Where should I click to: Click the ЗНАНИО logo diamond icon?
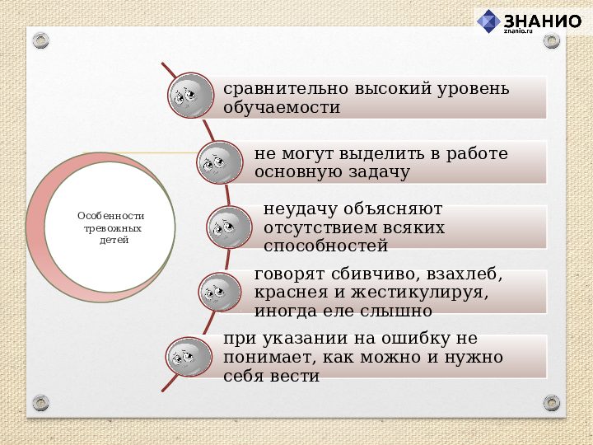pyautogui.click(x=488, y=21)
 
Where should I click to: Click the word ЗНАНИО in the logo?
pyautogui.click(x=541, y=20)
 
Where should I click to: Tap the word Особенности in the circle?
pyautogui.click(x=110, y=215)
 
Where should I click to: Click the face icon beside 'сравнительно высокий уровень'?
pyautogui.click(x=189, y=97)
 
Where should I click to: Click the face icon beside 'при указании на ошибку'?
pyautogui.click(x=189, y=357)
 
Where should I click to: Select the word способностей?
pyautogui.click(x=325, y=246)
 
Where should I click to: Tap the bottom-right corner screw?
pyautogui.click(x=552, y=402)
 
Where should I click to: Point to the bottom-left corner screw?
pyautogui.click(x=41, y=402)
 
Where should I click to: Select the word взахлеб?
pyautogui.click(x=461, y=274)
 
